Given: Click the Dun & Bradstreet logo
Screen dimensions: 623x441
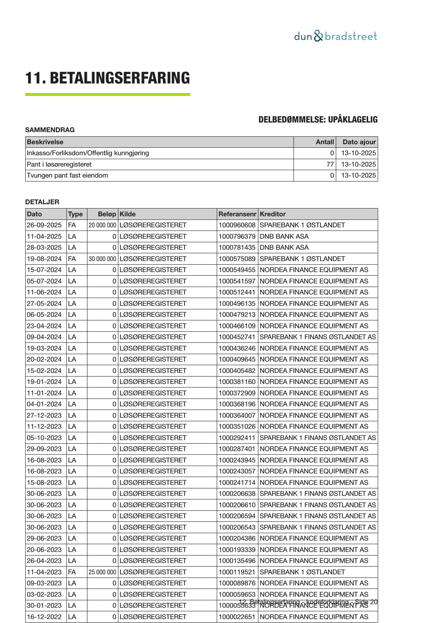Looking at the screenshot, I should pos(335,36).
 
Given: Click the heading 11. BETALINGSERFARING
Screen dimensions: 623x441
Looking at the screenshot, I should pos(107,78).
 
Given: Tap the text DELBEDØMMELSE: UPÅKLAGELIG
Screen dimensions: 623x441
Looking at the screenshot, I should pos(318,120).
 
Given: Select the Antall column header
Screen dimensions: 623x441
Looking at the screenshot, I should pos(325,142).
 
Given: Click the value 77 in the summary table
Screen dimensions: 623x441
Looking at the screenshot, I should pos(330,164).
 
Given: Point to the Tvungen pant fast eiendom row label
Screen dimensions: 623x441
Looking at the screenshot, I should pos(68,175).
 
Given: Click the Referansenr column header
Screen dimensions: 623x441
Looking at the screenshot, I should pos(237,214).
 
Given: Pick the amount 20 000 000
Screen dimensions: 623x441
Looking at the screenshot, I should pos(102,225).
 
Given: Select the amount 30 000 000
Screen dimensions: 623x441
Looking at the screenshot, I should pos(102,259).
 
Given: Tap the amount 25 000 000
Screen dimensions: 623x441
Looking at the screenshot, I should pos(102,572).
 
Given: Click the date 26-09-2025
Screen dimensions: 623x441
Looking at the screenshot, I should pos(44,225).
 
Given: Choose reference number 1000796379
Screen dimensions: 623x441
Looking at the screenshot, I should pos(237,237).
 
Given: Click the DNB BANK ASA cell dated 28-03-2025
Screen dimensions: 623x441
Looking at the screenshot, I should pos(284,248).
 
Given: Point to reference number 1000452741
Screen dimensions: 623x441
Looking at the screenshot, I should pos(237,337).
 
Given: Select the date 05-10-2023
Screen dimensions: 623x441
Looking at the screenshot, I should pos(44,438).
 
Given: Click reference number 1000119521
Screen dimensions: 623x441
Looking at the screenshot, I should pos(237,572).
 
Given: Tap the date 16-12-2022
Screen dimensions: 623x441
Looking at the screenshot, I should pos(44,617).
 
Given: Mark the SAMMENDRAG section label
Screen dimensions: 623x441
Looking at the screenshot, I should pos(50,130).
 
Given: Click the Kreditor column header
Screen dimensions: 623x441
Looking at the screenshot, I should pos(273,214).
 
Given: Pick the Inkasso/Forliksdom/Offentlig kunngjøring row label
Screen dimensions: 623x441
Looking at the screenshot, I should pos(88,153).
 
